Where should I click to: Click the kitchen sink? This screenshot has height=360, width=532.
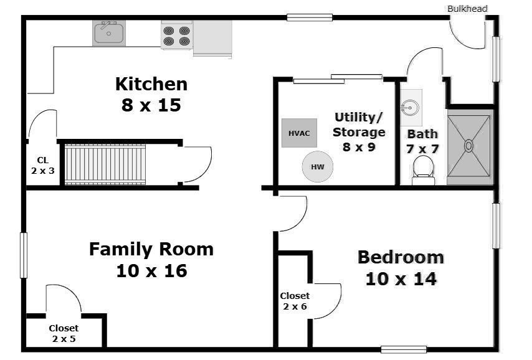[x=109, y=33]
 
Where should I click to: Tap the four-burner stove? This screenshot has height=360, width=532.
[x=176, y=36]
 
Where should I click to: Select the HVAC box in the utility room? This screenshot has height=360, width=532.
[x=299, y=133]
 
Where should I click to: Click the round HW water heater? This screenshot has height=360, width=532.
[x=318, y=167]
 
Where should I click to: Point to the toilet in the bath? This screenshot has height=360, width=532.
[x=424, y=169]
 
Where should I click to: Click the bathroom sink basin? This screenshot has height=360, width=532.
[x=410, y=108]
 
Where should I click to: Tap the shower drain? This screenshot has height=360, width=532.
[x=468, y=146]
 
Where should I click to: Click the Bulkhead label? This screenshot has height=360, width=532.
[x=467, y=9]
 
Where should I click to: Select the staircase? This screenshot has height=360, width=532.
[x=105, y=164]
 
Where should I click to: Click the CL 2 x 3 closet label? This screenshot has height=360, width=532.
[x=42, y=165]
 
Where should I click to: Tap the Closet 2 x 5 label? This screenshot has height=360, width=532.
[x=64, y=333]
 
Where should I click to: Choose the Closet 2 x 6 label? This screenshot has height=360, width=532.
[x=294, y=301]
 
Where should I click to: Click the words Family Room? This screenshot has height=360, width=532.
[x=151, y=250]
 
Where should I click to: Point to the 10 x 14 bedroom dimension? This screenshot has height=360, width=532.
[x=401, y=278]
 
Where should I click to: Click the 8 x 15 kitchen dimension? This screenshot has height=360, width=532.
[x=151, y=105]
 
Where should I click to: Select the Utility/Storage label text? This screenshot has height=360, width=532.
[x=359, y=125]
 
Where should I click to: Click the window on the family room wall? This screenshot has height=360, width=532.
[x=24, y=255]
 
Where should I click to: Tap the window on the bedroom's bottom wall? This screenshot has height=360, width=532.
[x=403, y=349]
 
